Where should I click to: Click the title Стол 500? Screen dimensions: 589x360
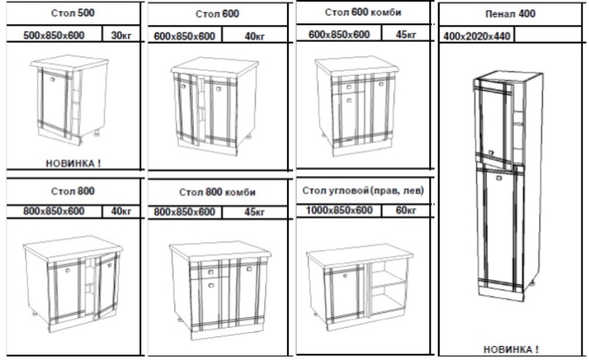73,13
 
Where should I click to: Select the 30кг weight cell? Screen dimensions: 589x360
121,35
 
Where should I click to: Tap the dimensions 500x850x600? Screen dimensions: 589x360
54,35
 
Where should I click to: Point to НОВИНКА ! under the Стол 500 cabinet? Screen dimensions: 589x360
73,163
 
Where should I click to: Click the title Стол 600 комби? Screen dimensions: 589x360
363,13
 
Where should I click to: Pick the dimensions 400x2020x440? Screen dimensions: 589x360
476,36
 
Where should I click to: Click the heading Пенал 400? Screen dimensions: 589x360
510,14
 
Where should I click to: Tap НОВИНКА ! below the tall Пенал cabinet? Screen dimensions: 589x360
511,350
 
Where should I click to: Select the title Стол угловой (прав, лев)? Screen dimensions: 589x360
363,191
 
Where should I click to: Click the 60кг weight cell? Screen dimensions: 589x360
406,210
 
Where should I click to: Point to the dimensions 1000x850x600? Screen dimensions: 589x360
339,210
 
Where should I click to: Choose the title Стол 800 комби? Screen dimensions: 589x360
217,192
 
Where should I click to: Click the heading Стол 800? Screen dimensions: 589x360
73,191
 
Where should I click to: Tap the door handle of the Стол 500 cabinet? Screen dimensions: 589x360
52,79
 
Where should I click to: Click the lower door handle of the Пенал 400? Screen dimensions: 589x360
499,178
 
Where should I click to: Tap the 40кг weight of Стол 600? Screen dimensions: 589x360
255,36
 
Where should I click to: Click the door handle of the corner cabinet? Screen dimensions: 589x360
345,275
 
